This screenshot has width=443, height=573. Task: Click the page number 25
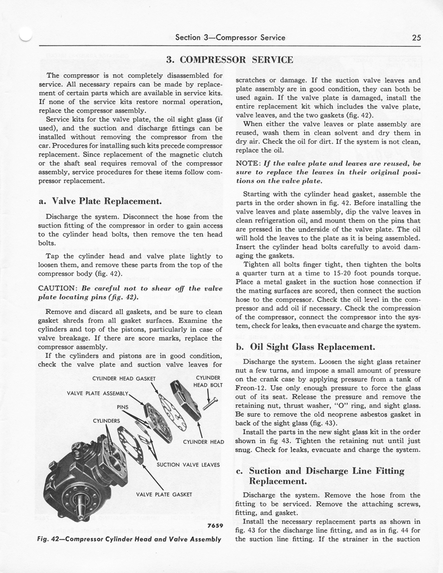[416, 38]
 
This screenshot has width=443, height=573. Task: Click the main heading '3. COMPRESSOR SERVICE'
[229, 60]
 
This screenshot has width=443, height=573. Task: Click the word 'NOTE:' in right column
[248, 164]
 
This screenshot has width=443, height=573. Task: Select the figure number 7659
[215, 525]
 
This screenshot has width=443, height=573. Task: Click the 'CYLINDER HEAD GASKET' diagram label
[124, 379]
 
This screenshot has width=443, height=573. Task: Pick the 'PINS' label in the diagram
[122, 407]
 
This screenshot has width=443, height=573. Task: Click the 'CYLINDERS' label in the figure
[106, 421]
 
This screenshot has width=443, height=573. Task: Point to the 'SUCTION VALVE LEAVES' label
[188, 465]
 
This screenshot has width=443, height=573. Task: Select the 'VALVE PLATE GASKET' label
[164, 494]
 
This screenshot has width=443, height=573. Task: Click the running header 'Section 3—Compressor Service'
[230, 38]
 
